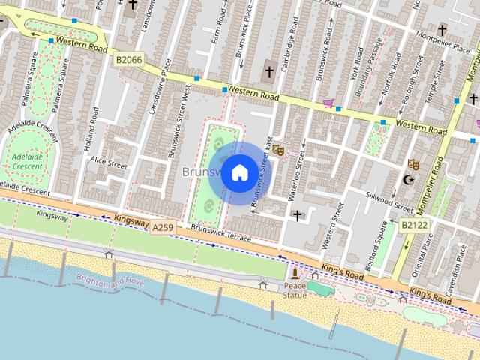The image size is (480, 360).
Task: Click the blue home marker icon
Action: [239, 173]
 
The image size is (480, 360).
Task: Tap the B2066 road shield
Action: [129, 58]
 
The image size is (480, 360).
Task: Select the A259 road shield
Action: [163, 226]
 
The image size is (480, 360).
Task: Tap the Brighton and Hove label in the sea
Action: [109, 281]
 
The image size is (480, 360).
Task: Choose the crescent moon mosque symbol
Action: [408, 180]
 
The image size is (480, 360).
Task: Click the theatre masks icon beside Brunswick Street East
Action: [278, 150]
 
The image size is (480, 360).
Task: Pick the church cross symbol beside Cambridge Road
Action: [269, 72]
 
